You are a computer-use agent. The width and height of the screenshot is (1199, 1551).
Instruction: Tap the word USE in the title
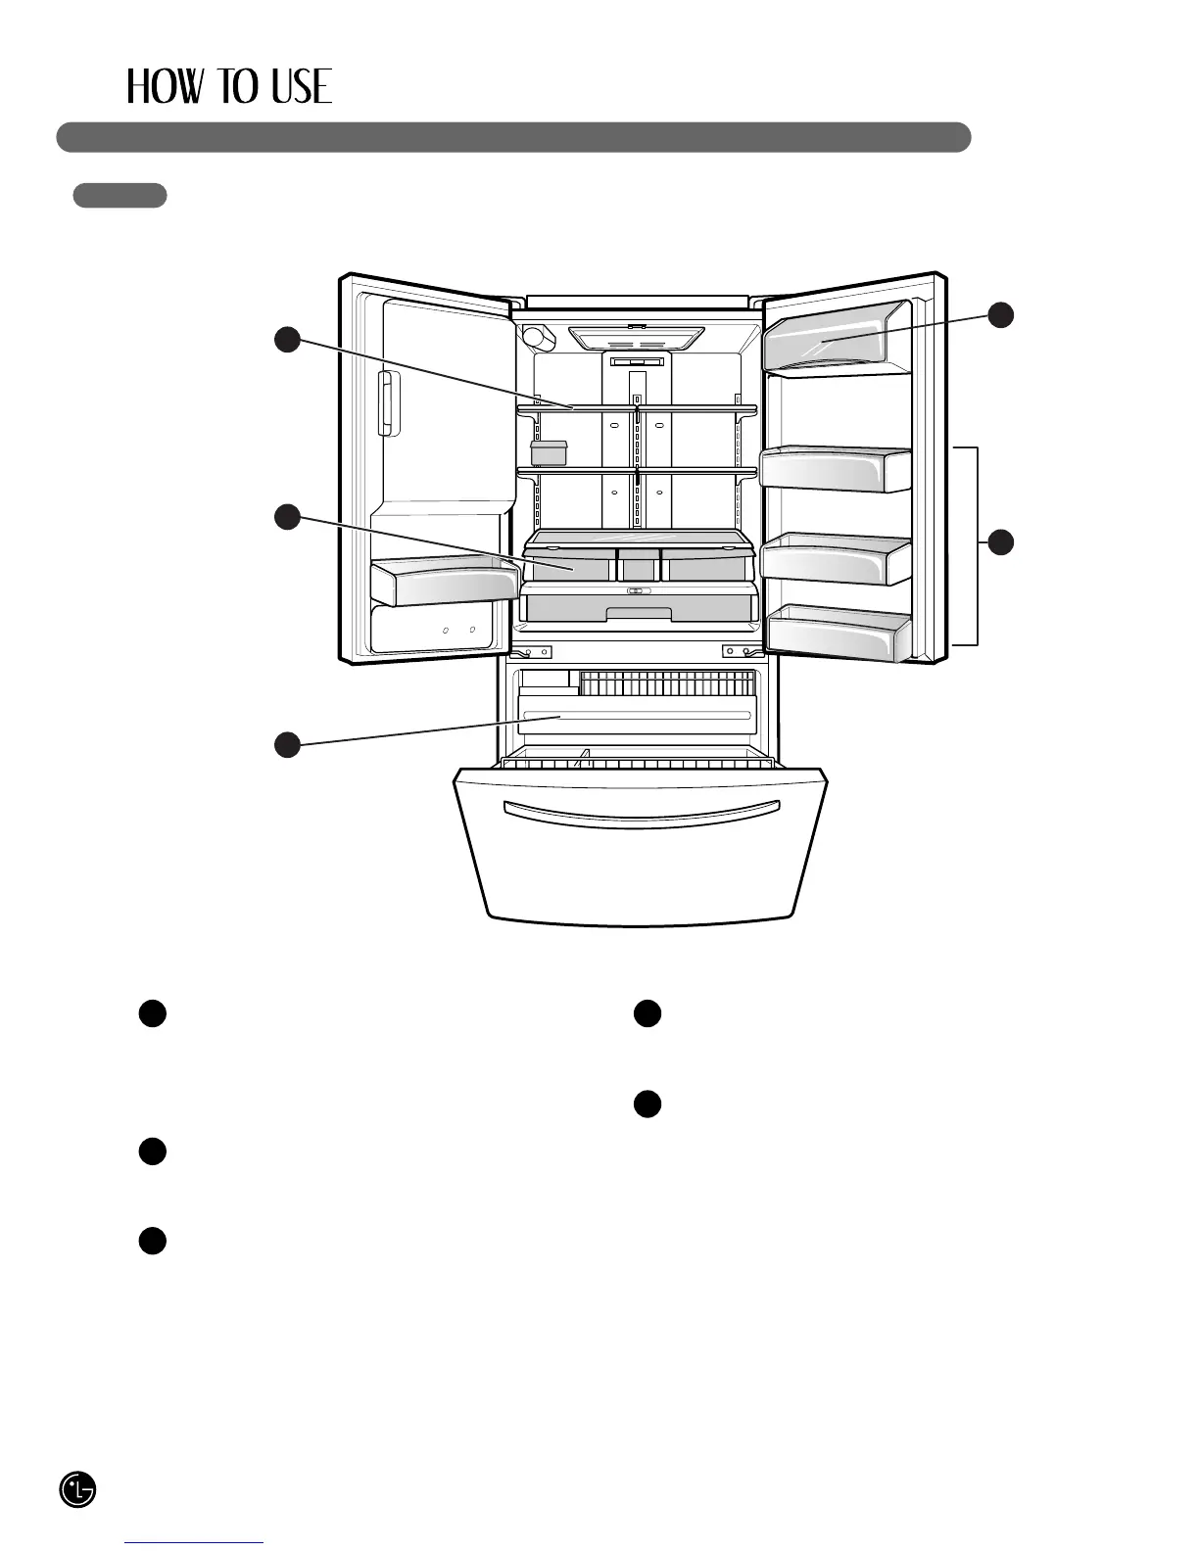[x=302, y=87]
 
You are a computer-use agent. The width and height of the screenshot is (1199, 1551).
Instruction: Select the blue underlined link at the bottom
[x=194, y=1543]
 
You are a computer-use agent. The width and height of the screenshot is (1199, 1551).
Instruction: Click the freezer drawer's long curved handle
[x=641, y=814]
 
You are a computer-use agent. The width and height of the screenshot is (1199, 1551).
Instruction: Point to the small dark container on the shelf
[x=549, y=452]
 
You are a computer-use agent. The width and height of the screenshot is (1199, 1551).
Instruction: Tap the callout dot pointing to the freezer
[x=286, y=744]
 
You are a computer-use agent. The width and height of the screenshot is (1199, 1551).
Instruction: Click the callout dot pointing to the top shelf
[x=286, y=340]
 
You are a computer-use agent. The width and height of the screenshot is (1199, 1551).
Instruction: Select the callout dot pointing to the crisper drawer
[x=286, y=516]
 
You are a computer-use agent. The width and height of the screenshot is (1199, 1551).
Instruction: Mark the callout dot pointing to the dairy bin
[x=1000, y=314]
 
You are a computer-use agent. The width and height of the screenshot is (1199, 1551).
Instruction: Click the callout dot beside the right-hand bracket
[x=1000, y=541]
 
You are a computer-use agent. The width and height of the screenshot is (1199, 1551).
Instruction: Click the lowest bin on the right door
[x=839, y=634]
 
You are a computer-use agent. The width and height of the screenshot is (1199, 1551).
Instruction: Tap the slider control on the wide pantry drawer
[x=639, y=590]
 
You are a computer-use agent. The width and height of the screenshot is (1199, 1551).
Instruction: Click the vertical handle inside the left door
[x=389, y=403]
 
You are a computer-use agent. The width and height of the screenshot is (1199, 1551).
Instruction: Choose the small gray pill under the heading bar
[x=120, y=195]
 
